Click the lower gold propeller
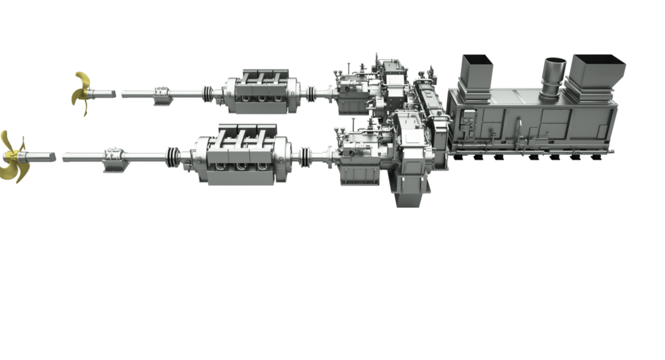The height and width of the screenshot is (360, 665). point(13,156)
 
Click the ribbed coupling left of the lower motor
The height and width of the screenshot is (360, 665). point(173,156)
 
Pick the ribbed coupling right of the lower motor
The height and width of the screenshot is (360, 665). point(304,156)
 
